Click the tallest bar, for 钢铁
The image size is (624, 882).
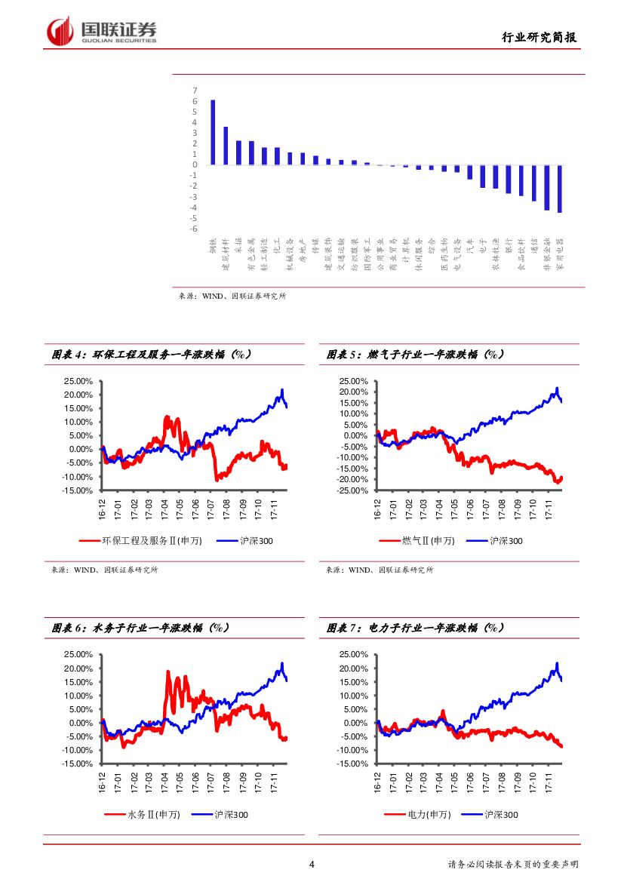pyautogui.click(x=213, y=132)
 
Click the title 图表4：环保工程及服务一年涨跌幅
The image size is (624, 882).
pyautogui.click(x=151, y=354)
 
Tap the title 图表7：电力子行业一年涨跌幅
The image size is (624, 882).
pyautogui.click(x=416, y=628)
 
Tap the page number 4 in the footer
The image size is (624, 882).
pyautogui.click(x=312, y=865)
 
